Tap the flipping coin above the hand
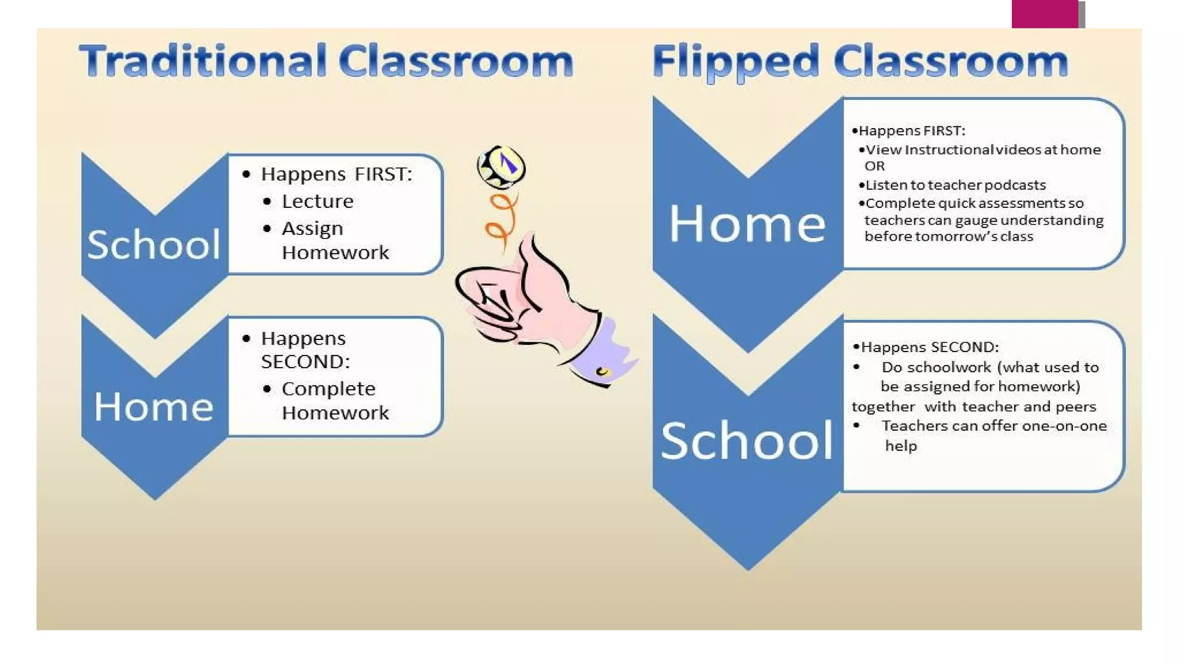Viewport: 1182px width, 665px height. coord(502,167)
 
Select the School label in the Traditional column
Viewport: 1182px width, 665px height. coord(154,244)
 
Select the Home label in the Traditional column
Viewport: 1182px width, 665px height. coord(154,407)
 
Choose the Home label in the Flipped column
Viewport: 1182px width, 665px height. coord(747,224)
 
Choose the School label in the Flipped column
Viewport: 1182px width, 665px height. coord(747,441)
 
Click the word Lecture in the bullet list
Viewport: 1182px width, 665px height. coord(317,201)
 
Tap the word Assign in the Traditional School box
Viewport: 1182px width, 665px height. coord(312,229)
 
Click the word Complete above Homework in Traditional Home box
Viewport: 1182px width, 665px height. coord(328,389)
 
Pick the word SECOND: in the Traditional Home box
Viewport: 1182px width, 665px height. coord(305,362)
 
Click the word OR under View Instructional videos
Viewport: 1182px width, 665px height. coord(874,166)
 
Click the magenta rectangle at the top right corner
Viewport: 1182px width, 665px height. coord(1045,14)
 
